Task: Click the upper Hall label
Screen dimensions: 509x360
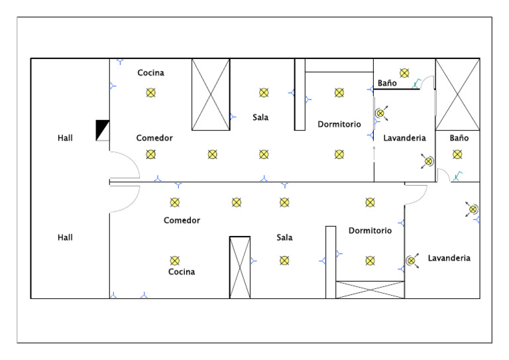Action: coord(65,138)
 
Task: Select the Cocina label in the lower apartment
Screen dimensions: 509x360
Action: coord(182,272)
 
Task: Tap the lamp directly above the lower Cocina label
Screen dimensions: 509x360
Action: coord(175,261)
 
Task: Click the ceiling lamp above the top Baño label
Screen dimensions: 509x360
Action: coord(404,73)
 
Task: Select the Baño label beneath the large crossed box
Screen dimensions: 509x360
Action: coord(459,138)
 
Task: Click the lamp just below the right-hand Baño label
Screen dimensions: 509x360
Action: coord(457,154)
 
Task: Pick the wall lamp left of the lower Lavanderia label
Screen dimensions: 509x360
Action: coord(412,261)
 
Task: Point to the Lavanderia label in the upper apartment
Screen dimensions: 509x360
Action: coord(404,138)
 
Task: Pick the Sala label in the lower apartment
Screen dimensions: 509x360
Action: coord(284,237)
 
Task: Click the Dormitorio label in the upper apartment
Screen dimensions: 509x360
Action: coord(339,125)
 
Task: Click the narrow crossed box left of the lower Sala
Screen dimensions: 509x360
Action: coord(240,267)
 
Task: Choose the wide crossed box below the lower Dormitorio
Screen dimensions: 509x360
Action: coord(370,290)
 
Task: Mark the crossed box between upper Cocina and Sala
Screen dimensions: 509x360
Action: coord(211,94)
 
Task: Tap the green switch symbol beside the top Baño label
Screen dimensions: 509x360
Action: coord(416,84)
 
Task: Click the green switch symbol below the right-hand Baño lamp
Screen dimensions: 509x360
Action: coord(458,176)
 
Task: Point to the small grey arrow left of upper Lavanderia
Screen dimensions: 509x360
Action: coord(374,154)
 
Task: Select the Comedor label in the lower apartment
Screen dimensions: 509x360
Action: coord(182,220)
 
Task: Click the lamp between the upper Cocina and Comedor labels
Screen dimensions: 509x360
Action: coord(150,93)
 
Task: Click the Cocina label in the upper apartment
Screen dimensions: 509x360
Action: coord(150,73)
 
